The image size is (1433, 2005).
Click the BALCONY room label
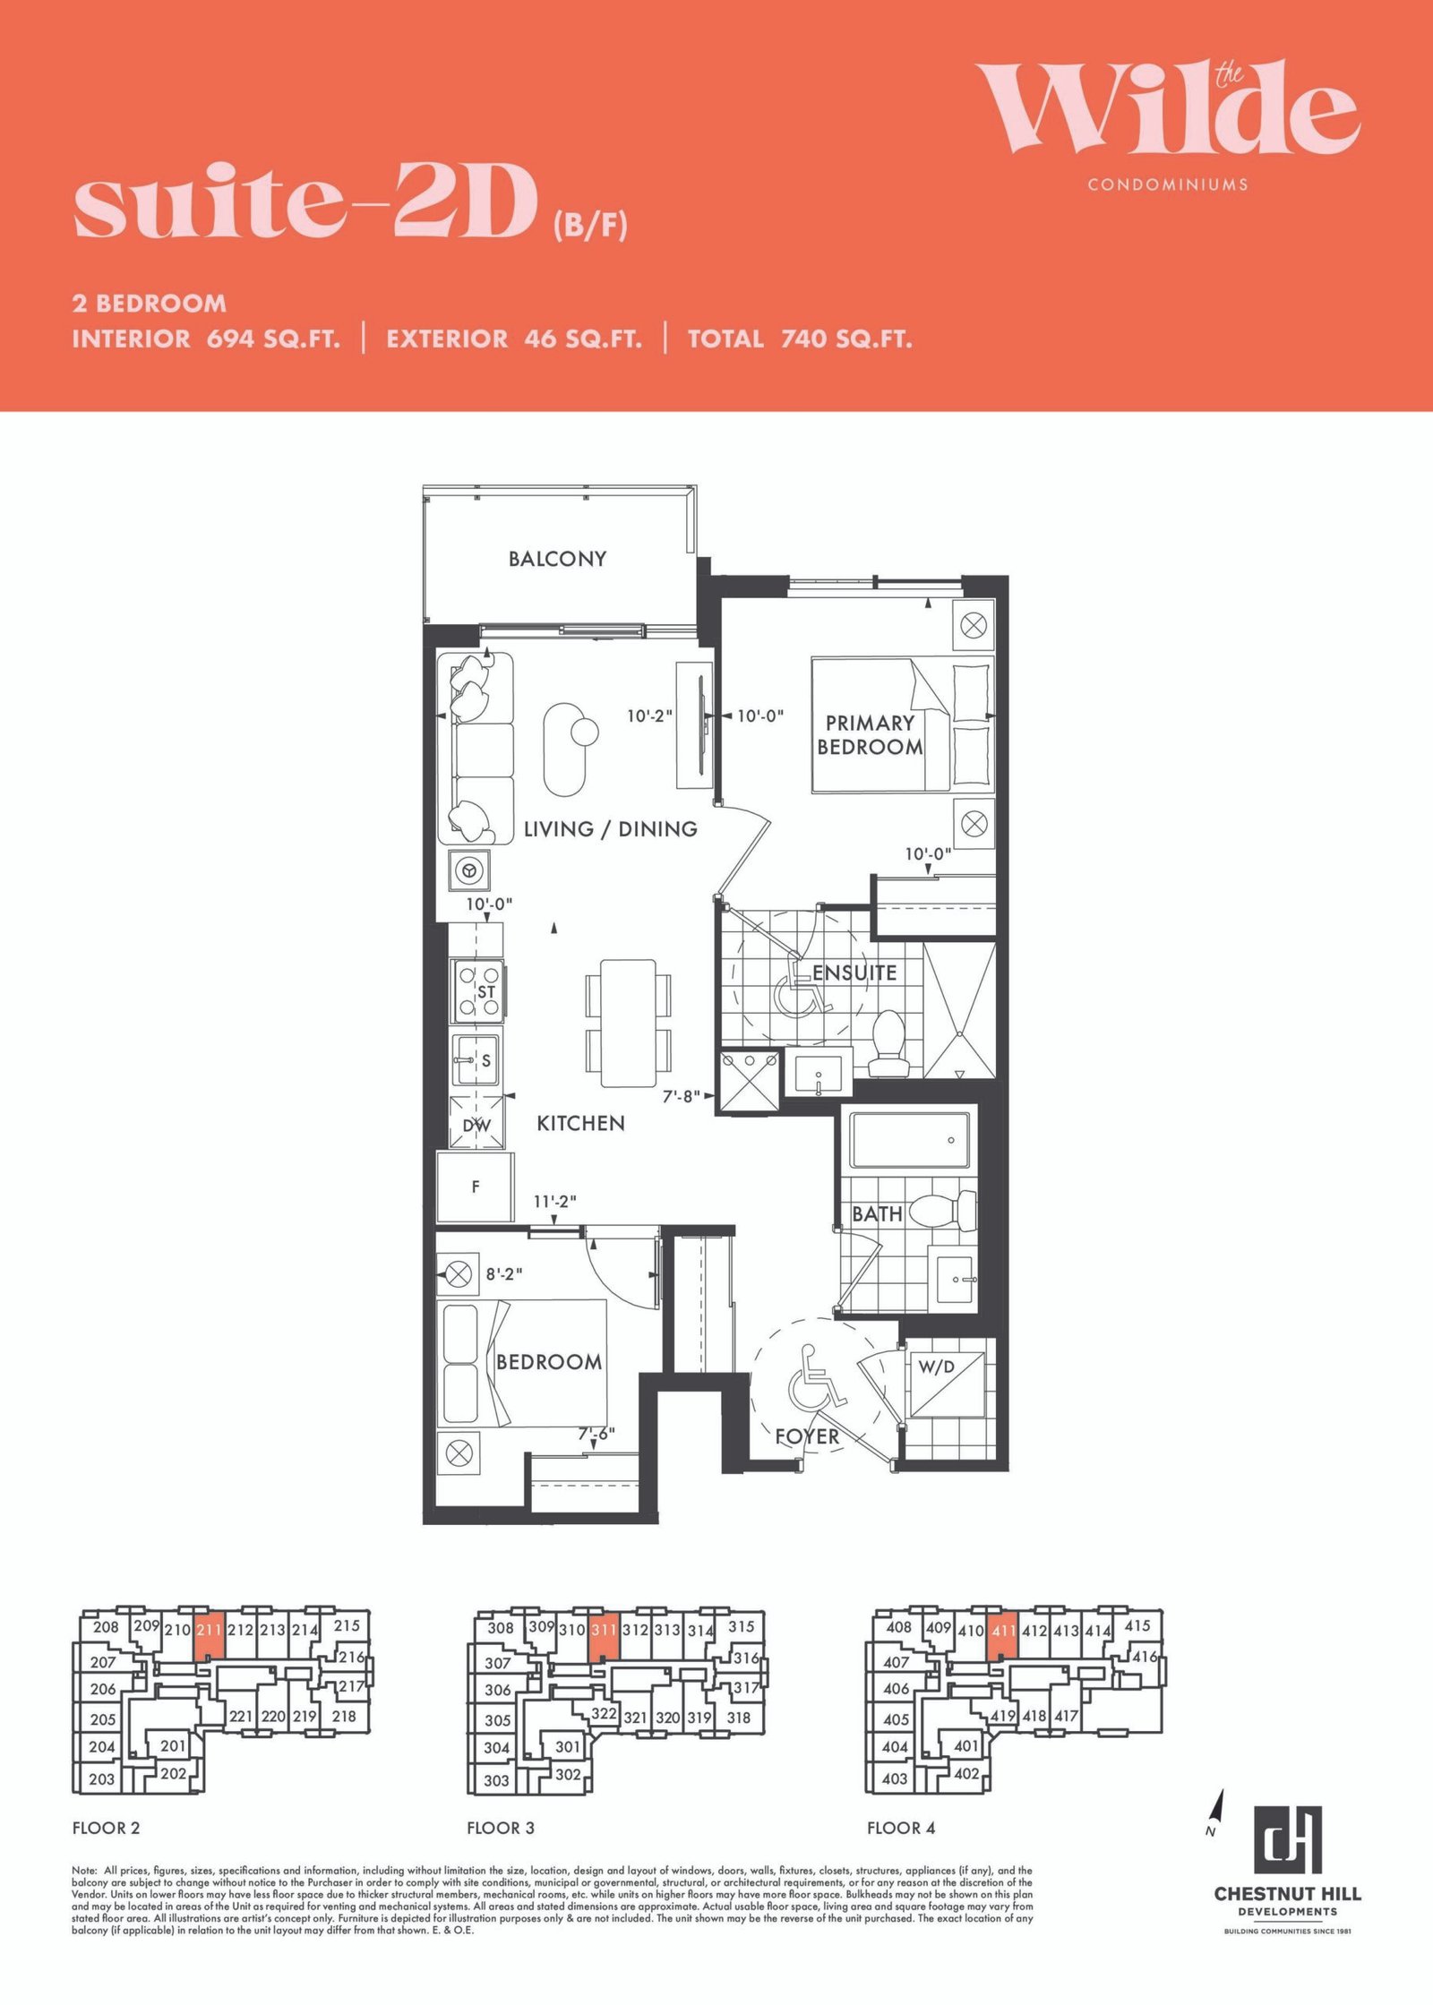[x=557, y=559]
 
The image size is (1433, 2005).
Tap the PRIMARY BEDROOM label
[x=870, y=735]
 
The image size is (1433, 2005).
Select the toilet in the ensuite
[x=889, y=1043]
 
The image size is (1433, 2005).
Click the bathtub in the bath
[x=910, y=1140]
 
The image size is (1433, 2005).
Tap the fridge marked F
[x=475, y=1187]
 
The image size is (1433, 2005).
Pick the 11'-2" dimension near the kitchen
[x=555, y=1201]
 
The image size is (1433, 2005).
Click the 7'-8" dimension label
[x=681, y=1096]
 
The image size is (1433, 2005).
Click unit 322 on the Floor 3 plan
[x=605, y=1713]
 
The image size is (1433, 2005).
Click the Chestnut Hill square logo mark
[x=1287, y=1840]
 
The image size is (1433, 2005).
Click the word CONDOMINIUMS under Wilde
[x=1168, y=184]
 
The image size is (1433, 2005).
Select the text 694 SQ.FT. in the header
[x=273, y=339]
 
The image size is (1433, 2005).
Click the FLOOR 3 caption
[x=501, y=1828]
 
